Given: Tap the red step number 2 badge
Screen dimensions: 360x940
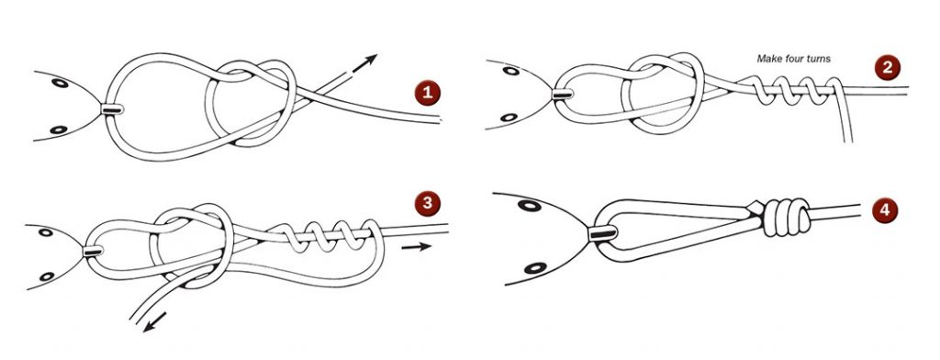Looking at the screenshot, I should (x=888, y=67).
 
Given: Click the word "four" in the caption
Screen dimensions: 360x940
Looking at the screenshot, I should (x=797, y=59).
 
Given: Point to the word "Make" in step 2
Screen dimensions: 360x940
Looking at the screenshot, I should (x=770, y=59).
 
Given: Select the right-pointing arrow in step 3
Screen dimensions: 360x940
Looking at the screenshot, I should (x=414, y=248).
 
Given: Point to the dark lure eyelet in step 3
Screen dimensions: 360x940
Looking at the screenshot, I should (x=95, y=250).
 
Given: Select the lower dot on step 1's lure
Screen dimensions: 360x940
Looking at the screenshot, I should (x=61, y=129).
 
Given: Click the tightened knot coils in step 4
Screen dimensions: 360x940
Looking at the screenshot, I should (x=784, y=218).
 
